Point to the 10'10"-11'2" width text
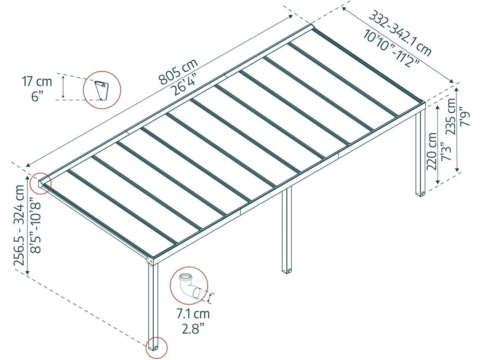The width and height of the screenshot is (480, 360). point(392,48)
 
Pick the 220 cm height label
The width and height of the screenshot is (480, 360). point(432,151)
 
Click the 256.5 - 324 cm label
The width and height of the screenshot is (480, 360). point(19,225)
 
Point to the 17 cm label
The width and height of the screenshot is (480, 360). point(37,82)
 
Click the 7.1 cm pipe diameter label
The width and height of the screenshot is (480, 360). point(193,314)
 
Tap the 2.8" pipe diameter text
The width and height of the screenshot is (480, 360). point(193,329)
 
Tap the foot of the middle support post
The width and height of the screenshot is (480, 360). point(287,270)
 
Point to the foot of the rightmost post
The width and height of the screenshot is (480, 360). point(420,193)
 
